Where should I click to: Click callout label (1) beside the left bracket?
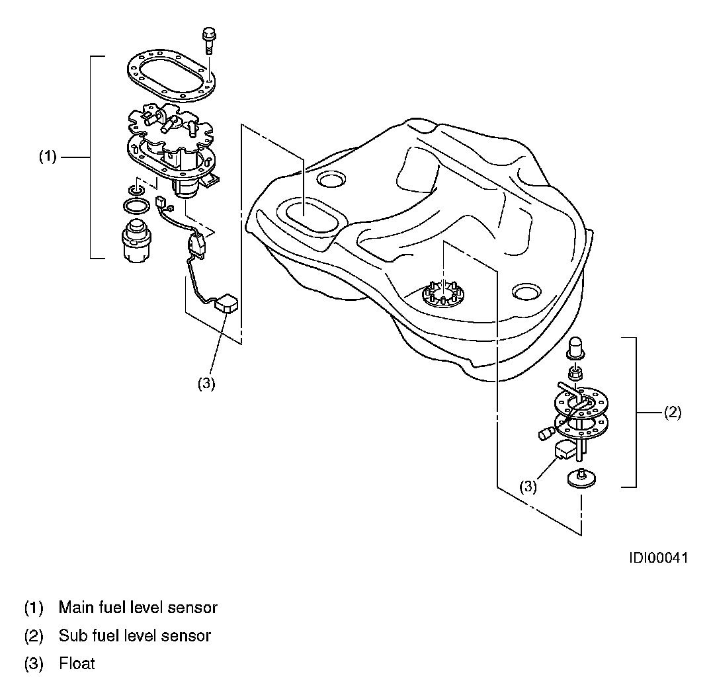pyautogui.click(x=48, y=157)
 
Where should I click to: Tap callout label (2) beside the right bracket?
pyautogui.click(x=671, y=413)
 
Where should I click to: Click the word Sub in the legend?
pyautogui.click(x=70, y=636)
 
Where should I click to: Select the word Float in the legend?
pyautogui.click(x=77, y=663)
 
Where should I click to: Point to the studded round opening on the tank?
pyautogui.click(x=441, y=296)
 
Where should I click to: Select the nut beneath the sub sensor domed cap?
pyautogui.click(x=576, y=374)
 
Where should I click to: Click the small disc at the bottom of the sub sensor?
pyautogui.click(x=581, y=478)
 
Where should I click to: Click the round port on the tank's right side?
pyautogui.click(x=526, y=291)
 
